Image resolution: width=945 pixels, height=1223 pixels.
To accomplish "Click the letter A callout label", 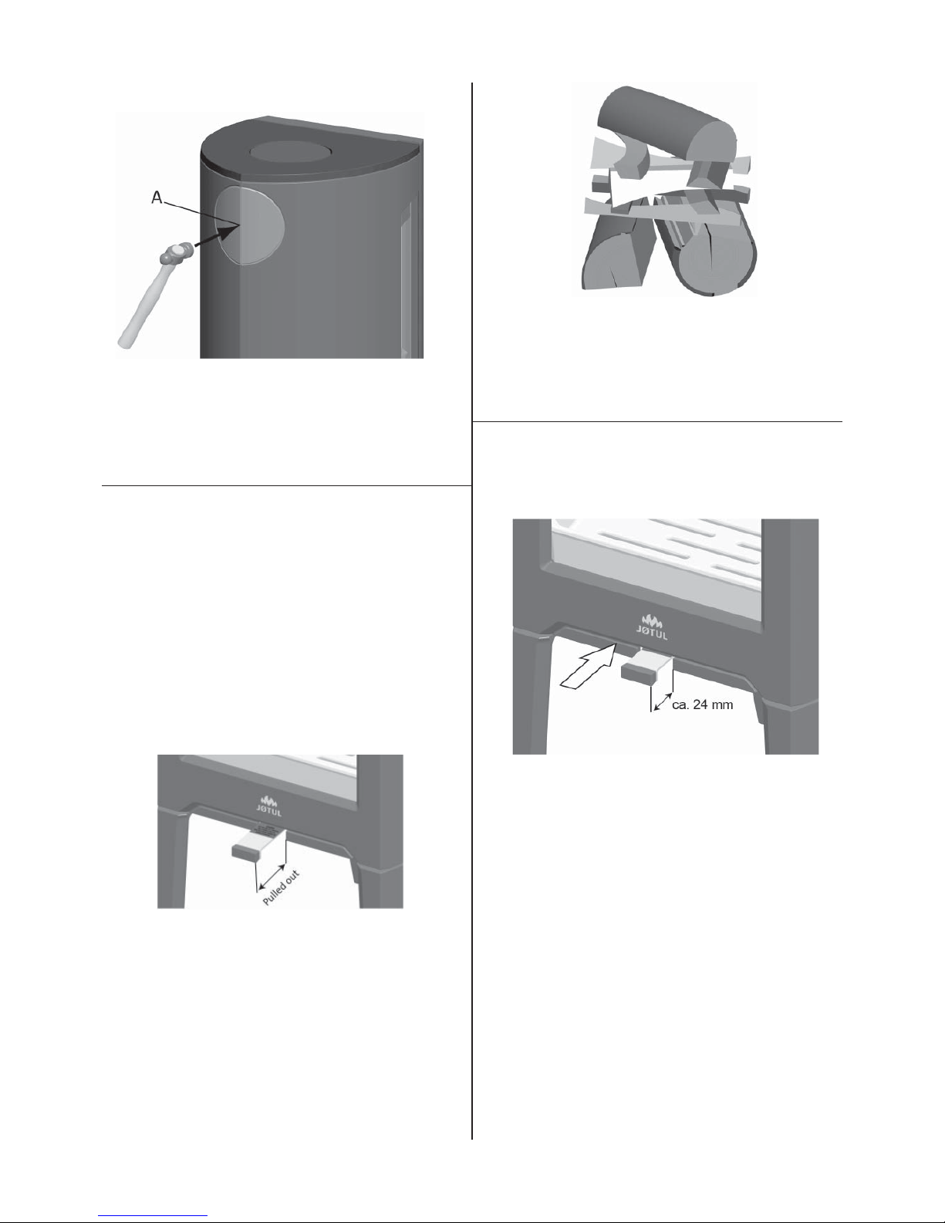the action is tap(157, 198).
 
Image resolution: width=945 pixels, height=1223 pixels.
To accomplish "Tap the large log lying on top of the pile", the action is tap(666, 129).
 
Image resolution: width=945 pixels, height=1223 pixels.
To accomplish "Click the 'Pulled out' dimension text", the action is tap(282, 887).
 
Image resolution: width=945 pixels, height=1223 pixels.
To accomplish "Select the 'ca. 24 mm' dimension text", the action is tap(702, 704).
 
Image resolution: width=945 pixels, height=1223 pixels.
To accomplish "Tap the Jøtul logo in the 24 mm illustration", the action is tap(651, 627).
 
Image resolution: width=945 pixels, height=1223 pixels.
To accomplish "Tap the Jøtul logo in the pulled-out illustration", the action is tap(269, 806).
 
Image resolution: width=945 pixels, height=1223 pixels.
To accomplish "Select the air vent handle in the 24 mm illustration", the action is tap(647, 669).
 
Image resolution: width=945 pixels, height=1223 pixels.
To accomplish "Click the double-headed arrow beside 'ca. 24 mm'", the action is tap(663, 702).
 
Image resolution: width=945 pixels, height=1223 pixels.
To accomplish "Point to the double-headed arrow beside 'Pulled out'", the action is tap(271, 877).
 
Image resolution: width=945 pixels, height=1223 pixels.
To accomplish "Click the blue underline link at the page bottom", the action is tap(153, 1215).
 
